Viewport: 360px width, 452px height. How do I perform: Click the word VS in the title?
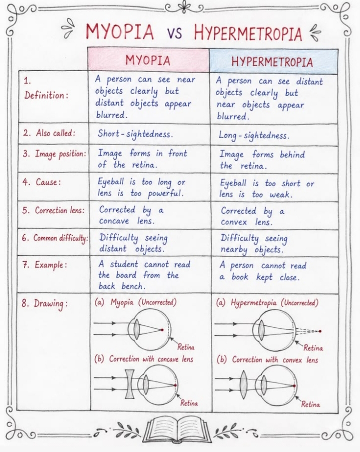pyautogui.click(x=174, y=33)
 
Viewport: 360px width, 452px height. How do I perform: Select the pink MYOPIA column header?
pyautogui.click(x=148, y=60)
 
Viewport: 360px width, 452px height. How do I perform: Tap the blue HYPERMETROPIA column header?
pyautogui.click(x=273, y=62)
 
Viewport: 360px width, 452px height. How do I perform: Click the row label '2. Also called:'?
pyautogui.click(x=49, y=133)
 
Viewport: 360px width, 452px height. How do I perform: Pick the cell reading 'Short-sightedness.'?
pyautogui.click(x=135, y=134)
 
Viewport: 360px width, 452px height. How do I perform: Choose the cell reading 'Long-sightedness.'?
pyautogui.click(x=253, y=135)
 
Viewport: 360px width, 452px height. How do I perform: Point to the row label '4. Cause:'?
pyautogui.click(x=42, y=182)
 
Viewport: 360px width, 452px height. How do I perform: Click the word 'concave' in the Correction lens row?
pyautogui.click(x=114, y=221)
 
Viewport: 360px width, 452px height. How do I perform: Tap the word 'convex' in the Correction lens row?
pyautogui.click(x=234, y=222)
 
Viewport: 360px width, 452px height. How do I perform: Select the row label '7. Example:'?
pyautogui.click(x=44, y=265)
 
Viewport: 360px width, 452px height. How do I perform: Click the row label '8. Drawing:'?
pyautogui.click(x=44, y=304)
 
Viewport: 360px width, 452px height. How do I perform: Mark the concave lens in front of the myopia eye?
pyautogui.click(x=129, y=384)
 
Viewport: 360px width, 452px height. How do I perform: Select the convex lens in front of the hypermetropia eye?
pyautogui.click(x=243, y=384)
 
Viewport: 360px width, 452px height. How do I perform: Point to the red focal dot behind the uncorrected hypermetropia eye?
pyautogui.click(x=320, y=331)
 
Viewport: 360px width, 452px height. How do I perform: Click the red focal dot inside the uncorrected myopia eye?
pyautogui.click(x=162, y=330)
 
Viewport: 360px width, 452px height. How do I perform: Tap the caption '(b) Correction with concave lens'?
pyautogui.click(x=144, y=359)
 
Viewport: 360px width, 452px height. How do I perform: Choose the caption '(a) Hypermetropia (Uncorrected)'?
pyautogui.click(x=267, y=303)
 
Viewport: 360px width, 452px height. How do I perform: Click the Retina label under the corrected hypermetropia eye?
pyautogui.click(x=310, y=404)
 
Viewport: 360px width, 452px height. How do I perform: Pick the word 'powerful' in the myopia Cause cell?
pyautogui.click(x=165, y=193)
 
